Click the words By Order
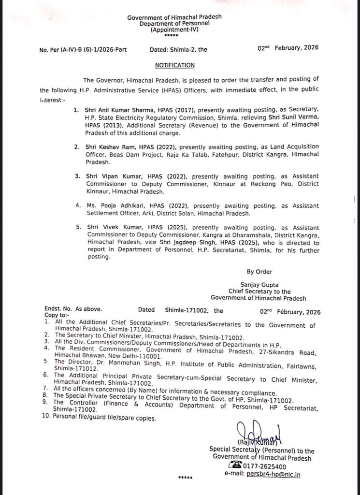259,272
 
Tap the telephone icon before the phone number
236,466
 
